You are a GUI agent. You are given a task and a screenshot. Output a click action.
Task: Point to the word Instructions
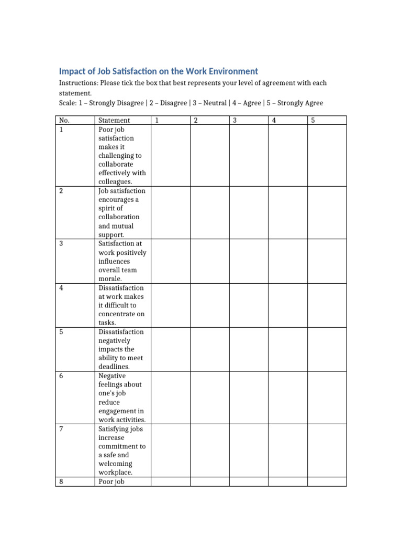tap(78, 83)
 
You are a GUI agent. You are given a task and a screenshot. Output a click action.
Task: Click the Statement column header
tap(114, 121)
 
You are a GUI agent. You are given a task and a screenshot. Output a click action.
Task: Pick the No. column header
tap(64, 121)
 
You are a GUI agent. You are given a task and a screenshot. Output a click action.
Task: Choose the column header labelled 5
tap(313, 121)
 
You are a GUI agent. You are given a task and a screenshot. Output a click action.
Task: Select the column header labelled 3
tap(235, 121)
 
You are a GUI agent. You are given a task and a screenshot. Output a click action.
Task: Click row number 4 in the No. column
tap(61, 288)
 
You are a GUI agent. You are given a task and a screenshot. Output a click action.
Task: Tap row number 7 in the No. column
tap(61, 429)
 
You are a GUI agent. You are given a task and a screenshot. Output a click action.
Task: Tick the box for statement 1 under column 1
tap(170, 155)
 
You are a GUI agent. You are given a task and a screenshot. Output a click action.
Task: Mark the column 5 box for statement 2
tap(327, 212)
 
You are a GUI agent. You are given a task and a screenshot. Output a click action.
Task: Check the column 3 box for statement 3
tap(249, 261)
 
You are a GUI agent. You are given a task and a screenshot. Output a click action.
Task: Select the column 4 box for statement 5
tap(287, 349)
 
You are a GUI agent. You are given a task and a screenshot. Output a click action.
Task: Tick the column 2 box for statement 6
tap(209, 398)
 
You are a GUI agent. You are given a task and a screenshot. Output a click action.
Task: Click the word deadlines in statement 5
tap(114, 367)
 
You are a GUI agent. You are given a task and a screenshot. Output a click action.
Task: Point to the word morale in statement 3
tap(109, 279)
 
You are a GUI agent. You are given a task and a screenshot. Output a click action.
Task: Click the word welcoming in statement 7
tap(115, 464)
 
